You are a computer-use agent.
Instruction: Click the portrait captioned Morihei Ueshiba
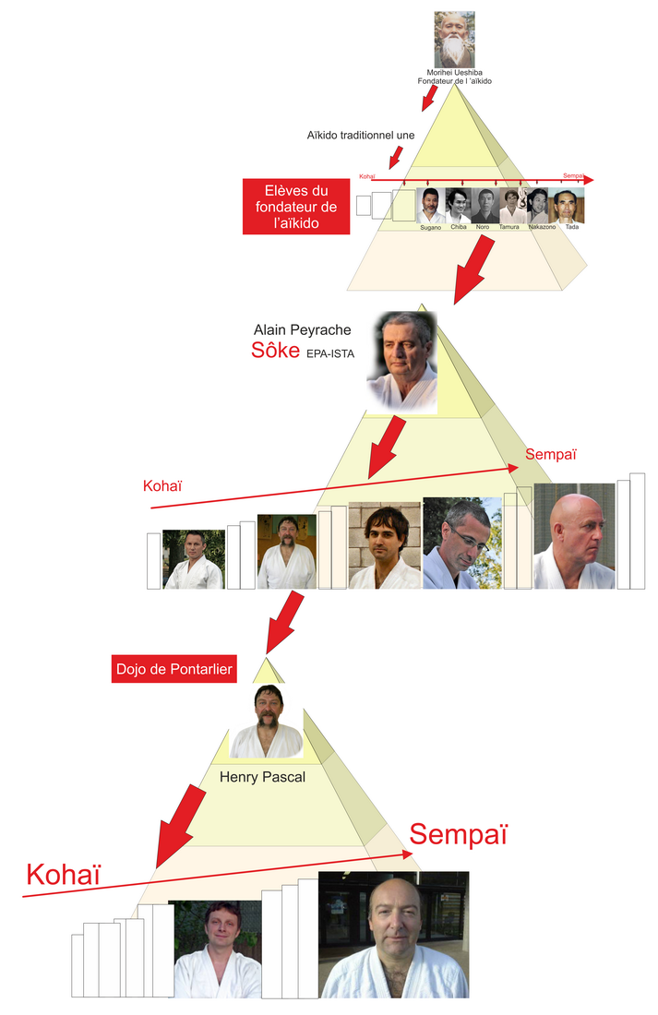coord(454,39)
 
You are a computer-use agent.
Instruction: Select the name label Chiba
coord(458,226)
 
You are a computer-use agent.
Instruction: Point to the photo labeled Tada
coord(567,205)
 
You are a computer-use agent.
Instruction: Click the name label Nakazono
coord(542,226)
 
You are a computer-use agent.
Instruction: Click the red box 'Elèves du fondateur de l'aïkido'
coord(296,207)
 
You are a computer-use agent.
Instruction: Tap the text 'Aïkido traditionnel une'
coord(361,135)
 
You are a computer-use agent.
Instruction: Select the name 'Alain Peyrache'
coord(303,329)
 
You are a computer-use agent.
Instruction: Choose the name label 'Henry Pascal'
coord(262,777)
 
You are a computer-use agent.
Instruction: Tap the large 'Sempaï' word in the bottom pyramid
coord(459,833)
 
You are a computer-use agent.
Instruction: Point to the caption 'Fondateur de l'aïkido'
coord(455,82)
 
